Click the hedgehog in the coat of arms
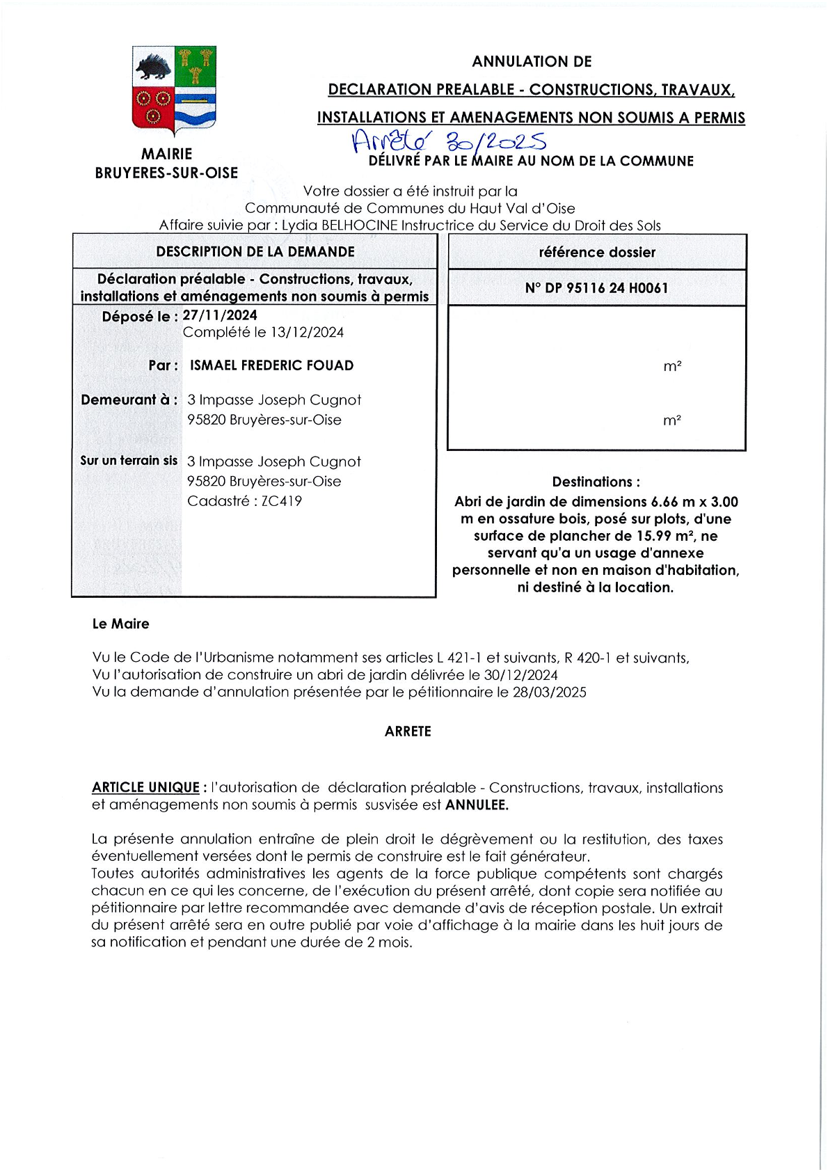(x=154, y=69)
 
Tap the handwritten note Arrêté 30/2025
(x=449, y=141)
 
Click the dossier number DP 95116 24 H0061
(x=596, y=288)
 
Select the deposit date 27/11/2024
(x=220, y=315)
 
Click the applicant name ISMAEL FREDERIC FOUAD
(x=271, y=365)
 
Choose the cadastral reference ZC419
(x=281, y=501)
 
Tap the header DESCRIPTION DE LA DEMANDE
(x=255, y=252)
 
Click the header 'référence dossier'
(x=597, y=253)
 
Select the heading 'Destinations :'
(x=596, y=482)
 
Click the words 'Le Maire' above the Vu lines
(x=120, y=624)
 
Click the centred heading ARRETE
(x=408, y=731)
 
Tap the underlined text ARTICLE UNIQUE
(x=145, y=788)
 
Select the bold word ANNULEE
(x=477, y=805)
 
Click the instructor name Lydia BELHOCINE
(x=339, y=225)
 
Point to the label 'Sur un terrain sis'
(x=129, y=461)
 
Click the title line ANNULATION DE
(x=532, y=62)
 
